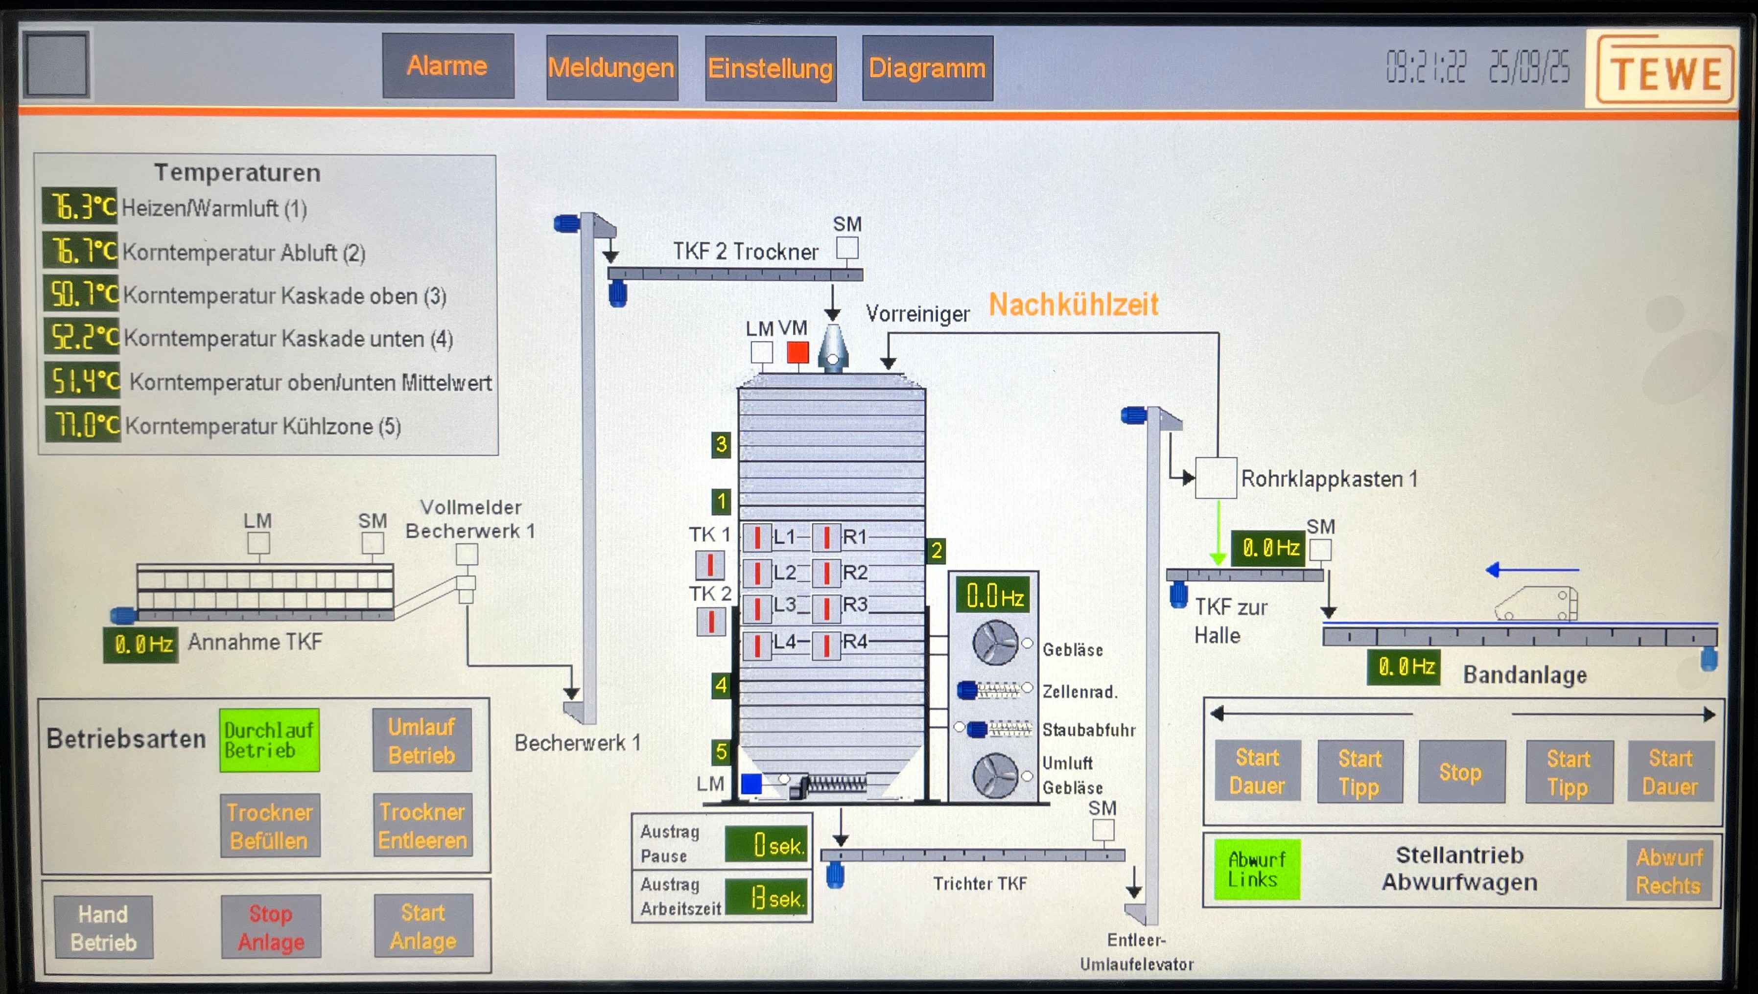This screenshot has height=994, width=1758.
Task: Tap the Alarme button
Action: click(x=447, y=66)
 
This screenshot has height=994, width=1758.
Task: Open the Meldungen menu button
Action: click(x=611, y=68)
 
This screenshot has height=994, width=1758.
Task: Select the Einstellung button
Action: click(x=770, y=68)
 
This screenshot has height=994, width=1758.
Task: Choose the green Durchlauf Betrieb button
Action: click(x=269, y=740)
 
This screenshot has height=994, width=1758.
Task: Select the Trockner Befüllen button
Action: click(x=270, y=826)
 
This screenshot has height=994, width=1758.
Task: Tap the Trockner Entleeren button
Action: click(x=422, y=825)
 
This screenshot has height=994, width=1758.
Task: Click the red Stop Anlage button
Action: click(x=270, y=927)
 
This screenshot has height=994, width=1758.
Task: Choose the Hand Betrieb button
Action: click(x=104, y=928)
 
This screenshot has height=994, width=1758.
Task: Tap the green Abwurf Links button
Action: click(x=1256, y=869)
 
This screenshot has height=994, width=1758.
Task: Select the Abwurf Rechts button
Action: click(x=1668, y=871)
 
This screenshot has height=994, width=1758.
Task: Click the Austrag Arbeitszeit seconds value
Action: click(x=766, y=898)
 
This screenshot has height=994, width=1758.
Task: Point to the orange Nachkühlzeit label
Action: click(x=1073, y=304)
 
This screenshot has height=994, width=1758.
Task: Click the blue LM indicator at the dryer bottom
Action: click(x=751, y=784)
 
